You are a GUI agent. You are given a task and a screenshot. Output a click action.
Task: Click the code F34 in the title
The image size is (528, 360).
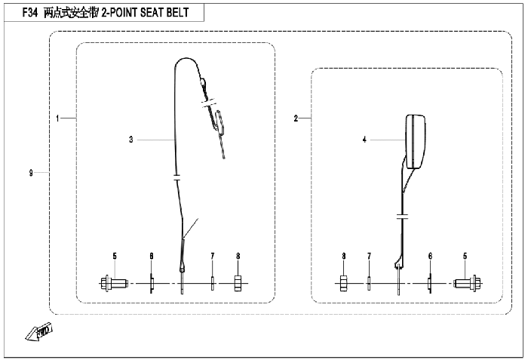(29, 13)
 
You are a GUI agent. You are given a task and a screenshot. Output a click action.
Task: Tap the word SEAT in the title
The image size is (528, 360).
(151, 13)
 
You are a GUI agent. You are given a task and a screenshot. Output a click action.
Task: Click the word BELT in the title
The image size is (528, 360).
(177, 13)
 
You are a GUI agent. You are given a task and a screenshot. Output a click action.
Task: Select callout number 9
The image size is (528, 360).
(31, 173)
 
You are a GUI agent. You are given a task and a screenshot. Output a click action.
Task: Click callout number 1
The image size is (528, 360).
(57, 118)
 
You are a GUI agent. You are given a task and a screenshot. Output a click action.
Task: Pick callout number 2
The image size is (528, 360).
(296, 118)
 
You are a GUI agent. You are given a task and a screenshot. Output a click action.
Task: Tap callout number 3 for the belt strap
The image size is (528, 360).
(131, 140)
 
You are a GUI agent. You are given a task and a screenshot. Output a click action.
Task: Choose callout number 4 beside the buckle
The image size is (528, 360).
(364, 140)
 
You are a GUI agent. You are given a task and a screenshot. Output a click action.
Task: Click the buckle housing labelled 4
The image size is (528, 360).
(415, 142)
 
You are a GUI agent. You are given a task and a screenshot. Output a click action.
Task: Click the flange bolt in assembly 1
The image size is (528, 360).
(114, 284)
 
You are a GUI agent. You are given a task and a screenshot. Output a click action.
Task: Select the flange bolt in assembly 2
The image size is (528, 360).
(468, 284)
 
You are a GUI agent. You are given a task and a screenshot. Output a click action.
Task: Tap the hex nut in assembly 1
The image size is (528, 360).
(238, 284)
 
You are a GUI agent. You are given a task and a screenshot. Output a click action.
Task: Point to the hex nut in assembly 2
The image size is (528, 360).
(343, 284)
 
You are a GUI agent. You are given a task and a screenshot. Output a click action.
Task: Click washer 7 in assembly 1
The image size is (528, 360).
(213, 284)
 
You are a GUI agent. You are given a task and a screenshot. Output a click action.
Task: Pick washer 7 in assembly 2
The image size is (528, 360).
(369, 284)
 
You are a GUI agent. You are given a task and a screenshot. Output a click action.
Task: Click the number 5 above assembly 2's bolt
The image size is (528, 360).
(465, 256)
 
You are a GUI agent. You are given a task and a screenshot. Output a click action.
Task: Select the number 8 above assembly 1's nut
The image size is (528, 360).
(238, 256)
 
